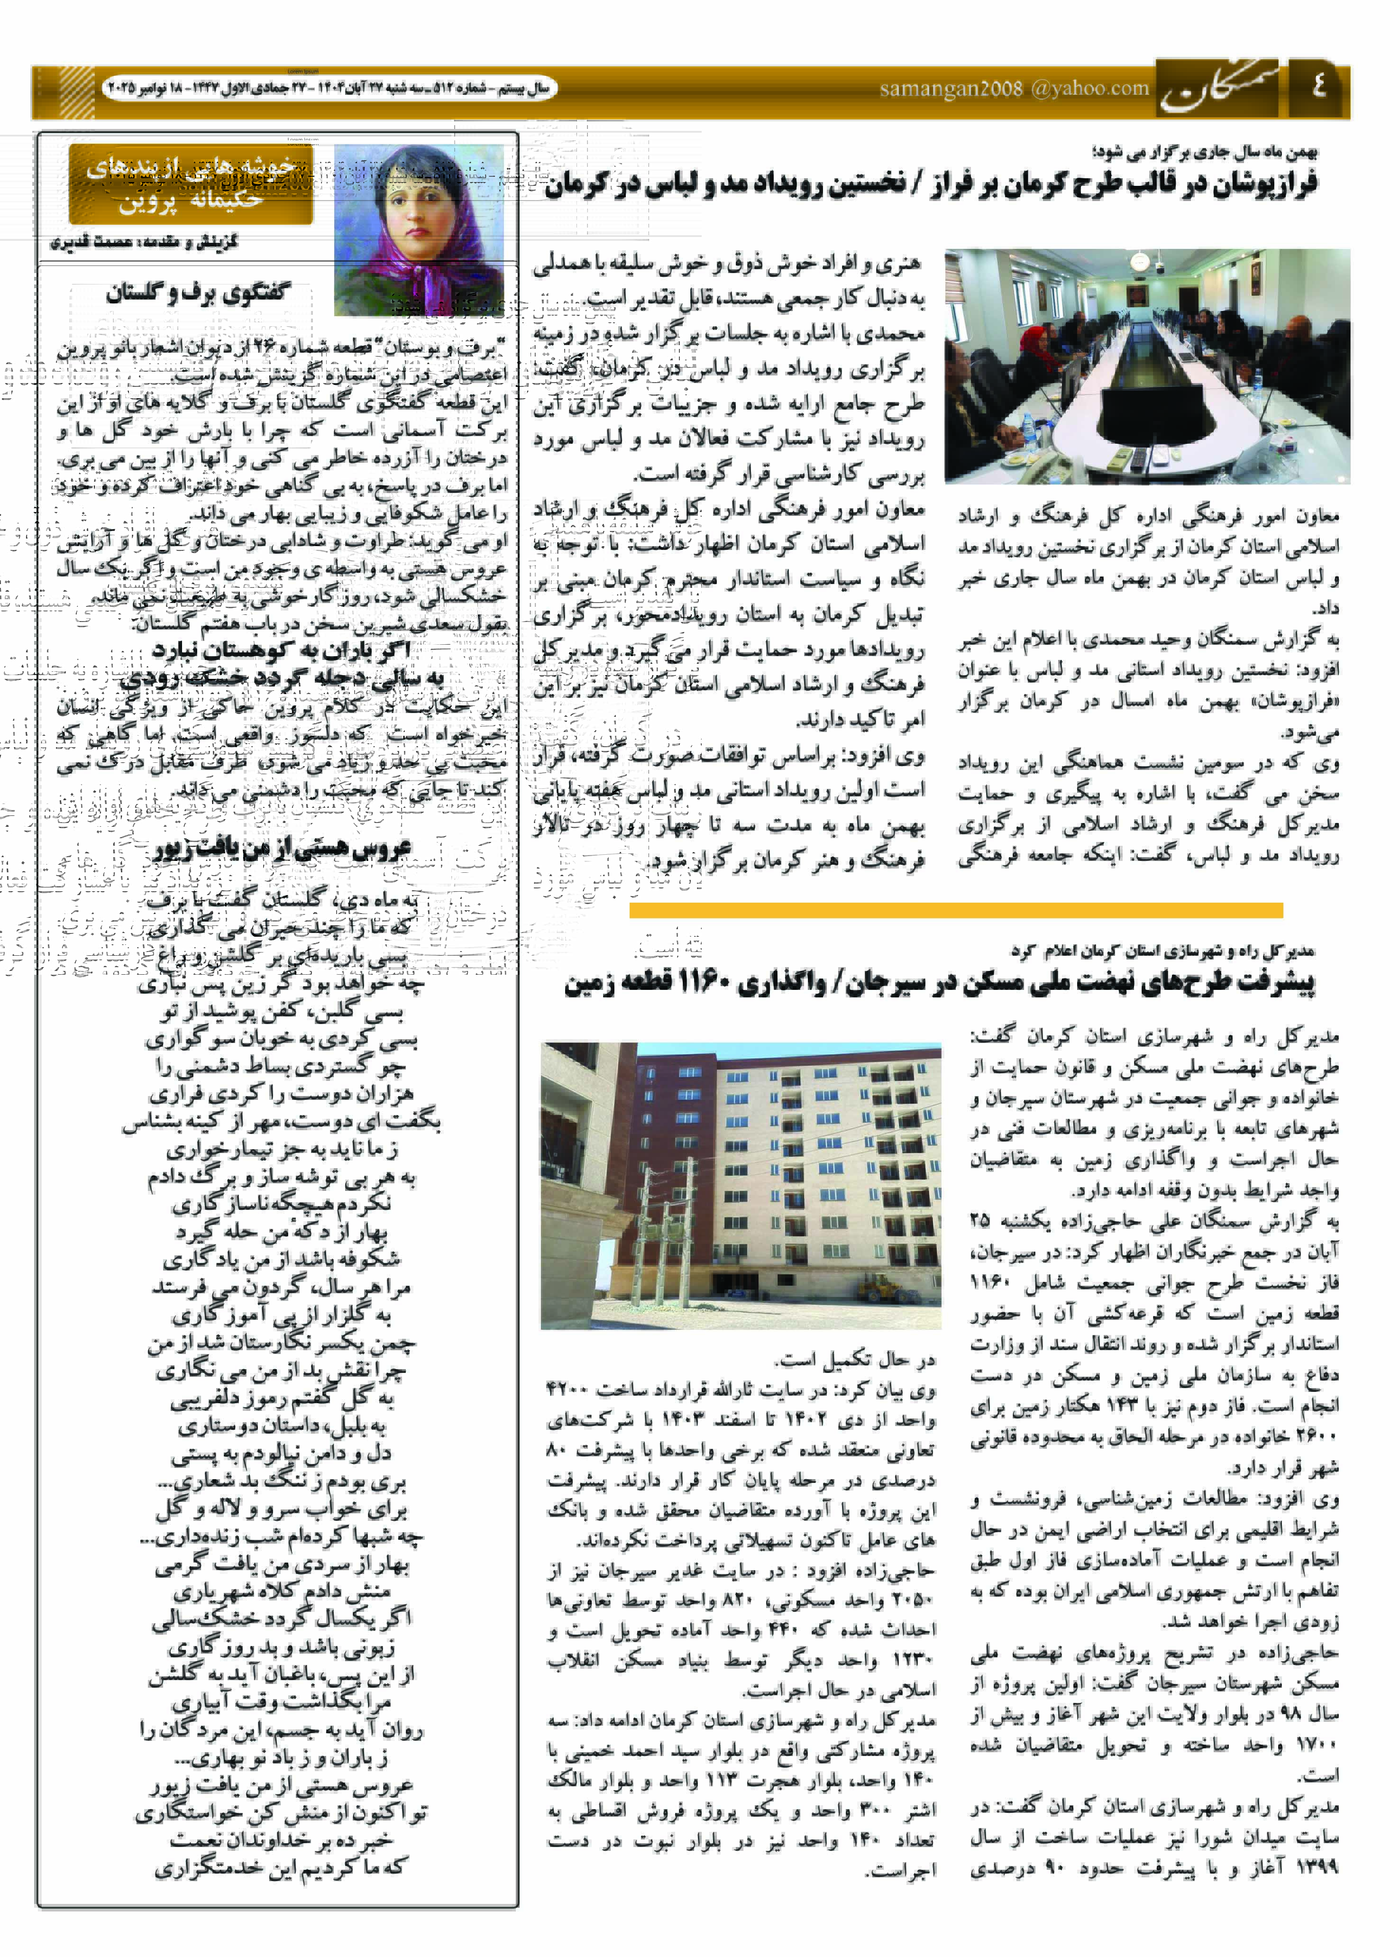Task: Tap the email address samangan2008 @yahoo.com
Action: pos(1014,89)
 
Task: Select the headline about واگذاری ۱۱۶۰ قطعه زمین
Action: pos(940,984)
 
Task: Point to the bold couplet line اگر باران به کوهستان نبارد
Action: pos(281,650)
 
